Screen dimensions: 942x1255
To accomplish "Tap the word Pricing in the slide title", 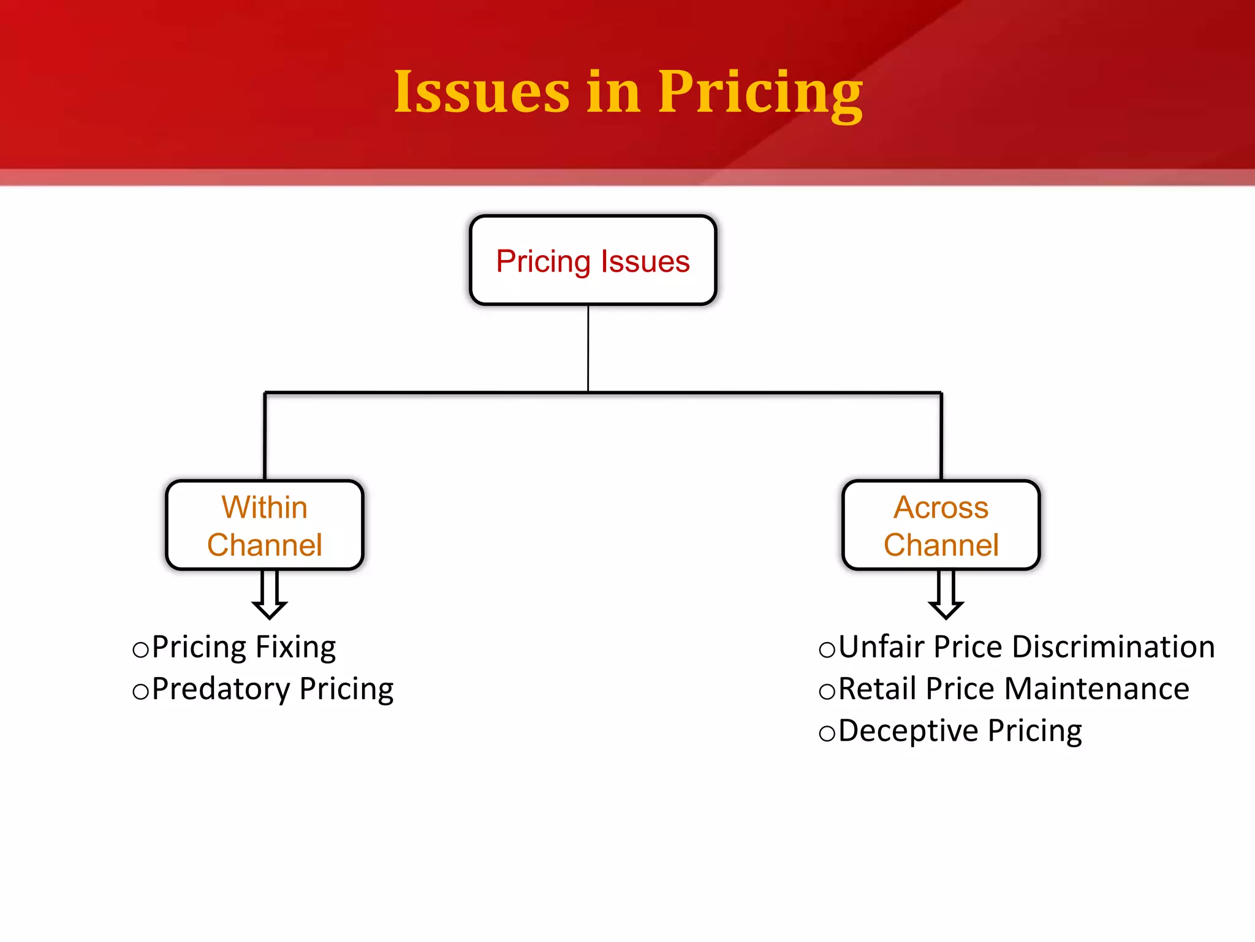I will pos(760,93).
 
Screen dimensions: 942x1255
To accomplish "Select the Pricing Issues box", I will pos(593,260).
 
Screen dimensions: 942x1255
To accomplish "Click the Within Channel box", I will pos(265,526).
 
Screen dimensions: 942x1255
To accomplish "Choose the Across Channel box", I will pos(941,526).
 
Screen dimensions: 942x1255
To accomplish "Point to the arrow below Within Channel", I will pos(270,595).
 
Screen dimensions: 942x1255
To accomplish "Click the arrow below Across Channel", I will pos(946,595).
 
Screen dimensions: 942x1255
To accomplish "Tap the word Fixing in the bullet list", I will pos(295,648).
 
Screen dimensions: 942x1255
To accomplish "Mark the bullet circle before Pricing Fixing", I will pos(141,649).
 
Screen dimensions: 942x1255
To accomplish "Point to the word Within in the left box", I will pos(264,508).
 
